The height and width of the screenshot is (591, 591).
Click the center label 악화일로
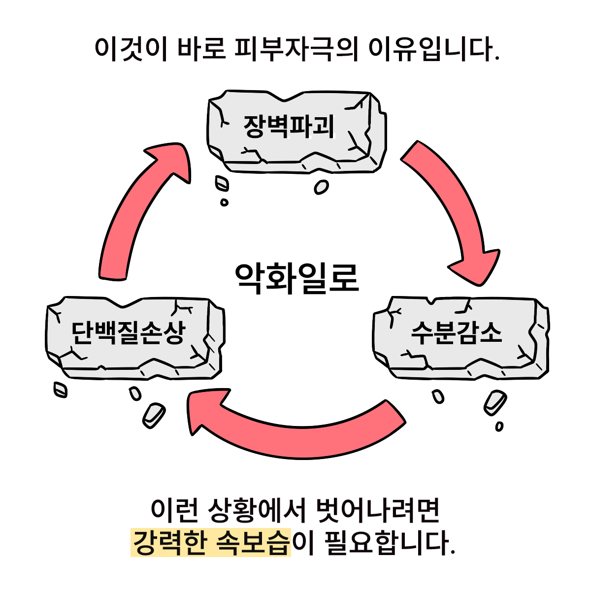coord(296,278)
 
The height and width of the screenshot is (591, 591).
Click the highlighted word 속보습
coord(252,543)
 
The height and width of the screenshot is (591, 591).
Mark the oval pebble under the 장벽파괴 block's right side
coord(321,187)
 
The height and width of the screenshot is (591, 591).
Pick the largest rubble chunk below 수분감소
coord(494,403)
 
